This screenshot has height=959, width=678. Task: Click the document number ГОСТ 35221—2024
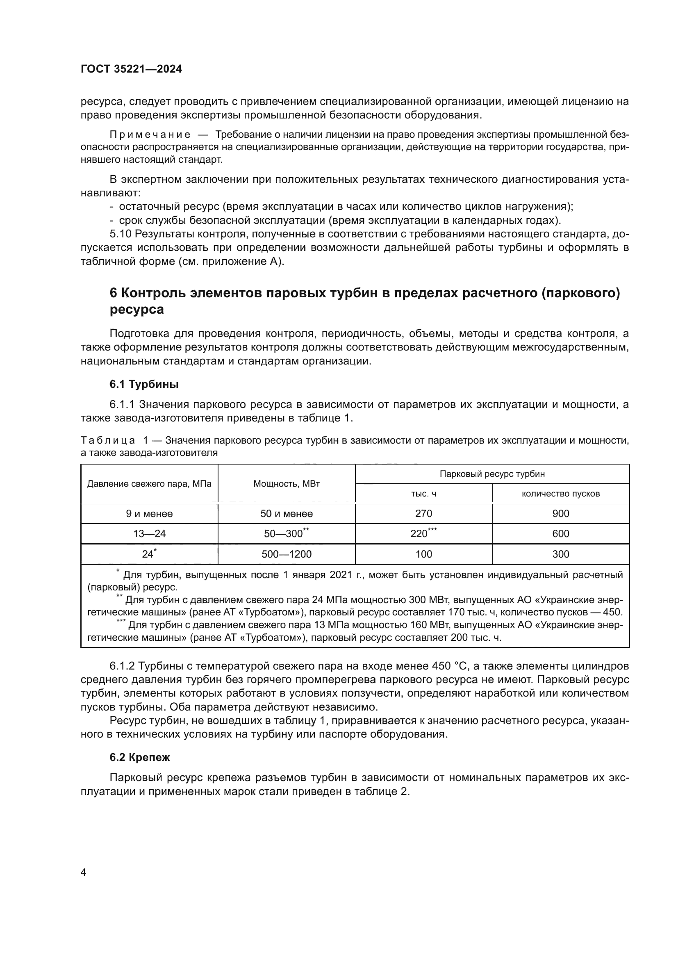(131, 69)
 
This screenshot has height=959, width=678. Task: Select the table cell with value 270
(423, 513)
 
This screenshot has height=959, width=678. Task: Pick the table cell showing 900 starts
(560, 513)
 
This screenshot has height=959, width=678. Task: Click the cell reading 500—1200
(287, 554)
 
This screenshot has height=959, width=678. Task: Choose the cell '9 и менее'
(149, 513)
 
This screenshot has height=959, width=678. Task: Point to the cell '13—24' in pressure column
(149, 533)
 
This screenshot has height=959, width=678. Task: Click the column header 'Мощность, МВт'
(287, 484)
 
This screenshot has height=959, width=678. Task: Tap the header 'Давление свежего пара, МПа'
(149, 484)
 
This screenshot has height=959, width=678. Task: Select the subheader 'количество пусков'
(560, 494)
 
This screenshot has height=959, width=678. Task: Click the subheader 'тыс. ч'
(423, 494)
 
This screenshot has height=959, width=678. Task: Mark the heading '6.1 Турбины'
(144, 384)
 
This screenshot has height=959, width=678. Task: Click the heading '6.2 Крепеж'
(139, 757)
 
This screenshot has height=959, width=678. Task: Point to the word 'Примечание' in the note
(150, 135)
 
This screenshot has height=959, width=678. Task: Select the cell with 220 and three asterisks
(423, 533)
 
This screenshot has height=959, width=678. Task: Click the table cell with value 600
(560, 533)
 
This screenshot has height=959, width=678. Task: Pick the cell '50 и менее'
(287, 513)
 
